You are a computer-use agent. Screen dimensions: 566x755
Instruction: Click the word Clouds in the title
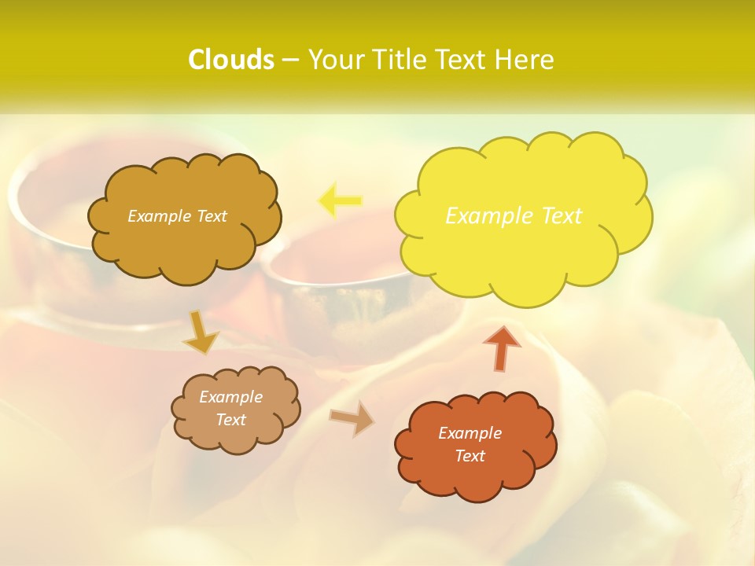coord(230,60)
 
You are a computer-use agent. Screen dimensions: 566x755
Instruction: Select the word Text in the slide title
coord(464,60)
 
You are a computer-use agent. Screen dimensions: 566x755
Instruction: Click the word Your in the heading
coord(336,60)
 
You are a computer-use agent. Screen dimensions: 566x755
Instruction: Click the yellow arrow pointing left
coord(340,200)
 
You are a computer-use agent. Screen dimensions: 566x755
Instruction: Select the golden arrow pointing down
coord(201,333)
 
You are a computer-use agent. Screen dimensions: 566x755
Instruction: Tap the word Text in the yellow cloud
coord(560,215)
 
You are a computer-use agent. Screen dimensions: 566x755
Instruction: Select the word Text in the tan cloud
coord(230,420)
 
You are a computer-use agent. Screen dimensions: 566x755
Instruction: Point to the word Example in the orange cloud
coord(470,433)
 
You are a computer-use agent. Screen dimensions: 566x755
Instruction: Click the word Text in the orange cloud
coord(470,456)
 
